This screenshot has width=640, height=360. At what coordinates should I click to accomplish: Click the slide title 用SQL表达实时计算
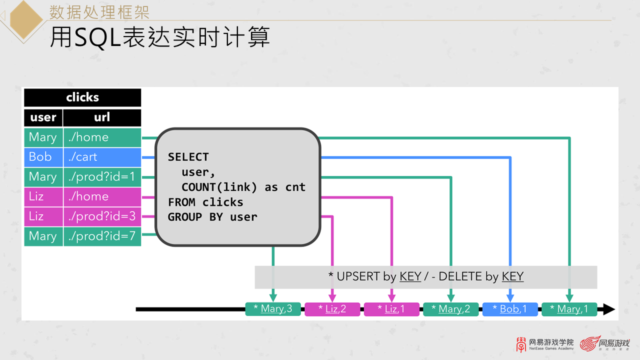(159, 37)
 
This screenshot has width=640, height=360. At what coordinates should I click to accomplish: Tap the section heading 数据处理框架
(99, 11)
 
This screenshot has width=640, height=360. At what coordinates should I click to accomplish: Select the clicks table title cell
(82, 97)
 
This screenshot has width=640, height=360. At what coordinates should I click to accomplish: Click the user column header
(43, 117)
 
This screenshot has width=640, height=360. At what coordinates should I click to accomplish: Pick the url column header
(102, 117)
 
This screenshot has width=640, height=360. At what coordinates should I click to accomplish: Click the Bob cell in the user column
(43, 157)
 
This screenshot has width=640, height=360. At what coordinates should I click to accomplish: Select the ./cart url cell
(102, 157)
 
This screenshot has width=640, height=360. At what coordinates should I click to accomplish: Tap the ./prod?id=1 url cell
(102, 176)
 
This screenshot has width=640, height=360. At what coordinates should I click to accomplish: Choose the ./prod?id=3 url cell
(102, 216)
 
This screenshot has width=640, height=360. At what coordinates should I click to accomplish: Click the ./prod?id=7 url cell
(102, 236)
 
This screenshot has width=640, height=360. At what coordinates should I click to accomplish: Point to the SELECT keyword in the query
(188, 157)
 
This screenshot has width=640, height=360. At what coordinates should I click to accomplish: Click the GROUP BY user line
(212, 217)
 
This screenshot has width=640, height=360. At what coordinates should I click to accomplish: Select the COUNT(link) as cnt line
(243, 187)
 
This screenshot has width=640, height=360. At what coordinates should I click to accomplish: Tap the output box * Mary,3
(272, 309)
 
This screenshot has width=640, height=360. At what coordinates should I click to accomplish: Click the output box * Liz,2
(332, 309)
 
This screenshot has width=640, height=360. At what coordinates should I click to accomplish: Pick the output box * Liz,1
(391, 309)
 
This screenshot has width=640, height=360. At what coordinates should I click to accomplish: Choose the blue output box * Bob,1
(509, 309)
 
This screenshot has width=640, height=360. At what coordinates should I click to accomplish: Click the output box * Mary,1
(569, 309)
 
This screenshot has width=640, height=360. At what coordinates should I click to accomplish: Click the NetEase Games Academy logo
(545, 344)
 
